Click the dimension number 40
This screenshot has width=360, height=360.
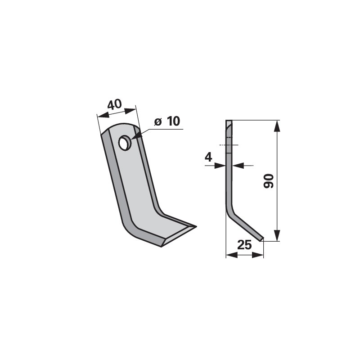point(114,104)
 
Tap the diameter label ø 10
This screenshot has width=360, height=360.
point(167,121)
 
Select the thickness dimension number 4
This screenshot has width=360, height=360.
point(208,157)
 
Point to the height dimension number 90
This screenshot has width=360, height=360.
point(269,181)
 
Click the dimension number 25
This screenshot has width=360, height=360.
point(244,245)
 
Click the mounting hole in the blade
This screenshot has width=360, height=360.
point(125,143)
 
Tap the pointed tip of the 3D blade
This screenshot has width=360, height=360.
point(196,227)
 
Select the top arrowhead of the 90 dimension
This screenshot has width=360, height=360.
point(277,126)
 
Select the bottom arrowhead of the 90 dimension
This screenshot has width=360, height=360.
point(277,235)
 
